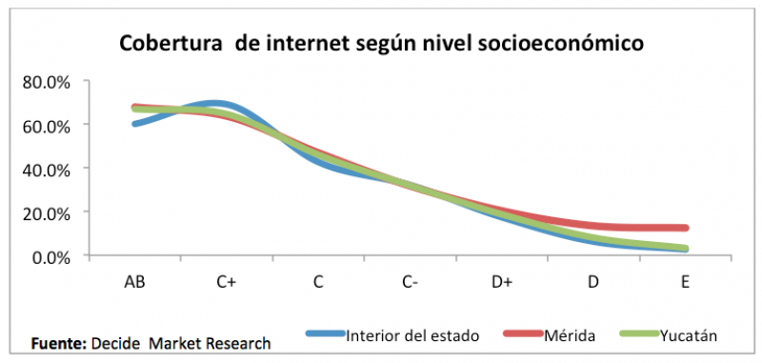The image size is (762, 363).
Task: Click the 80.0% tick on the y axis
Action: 47,82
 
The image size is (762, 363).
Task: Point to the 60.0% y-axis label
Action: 47,126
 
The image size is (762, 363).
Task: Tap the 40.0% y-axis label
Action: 47,170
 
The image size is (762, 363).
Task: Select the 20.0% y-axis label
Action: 47,213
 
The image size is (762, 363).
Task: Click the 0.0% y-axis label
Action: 51,257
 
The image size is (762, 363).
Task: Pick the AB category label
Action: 135,283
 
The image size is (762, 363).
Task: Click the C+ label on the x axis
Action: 227,283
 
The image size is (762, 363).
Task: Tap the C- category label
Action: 411,283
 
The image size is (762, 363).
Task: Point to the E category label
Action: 686,283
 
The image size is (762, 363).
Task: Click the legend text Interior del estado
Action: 412,335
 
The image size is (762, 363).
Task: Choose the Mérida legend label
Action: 571,335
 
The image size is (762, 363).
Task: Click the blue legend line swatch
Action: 325,334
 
